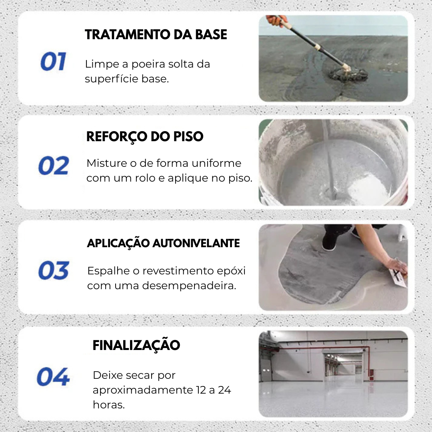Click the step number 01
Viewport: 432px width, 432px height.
coord(53,62)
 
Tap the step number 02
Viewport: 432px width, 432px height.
coord(54,166)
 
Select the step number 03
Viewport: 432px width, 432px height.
coord(54,271)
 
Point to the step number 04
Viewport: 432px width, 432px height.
coord(53,377)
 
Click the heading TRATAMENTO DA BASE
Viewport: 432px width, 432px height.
coord(156,35)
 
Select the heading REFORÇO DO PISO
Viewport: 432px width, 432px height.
coord(145,137)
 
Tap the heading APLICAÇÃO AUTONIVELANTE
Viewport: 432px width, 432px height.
coord(163,243)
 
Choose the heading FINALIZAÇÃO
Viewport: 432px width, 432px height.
coord(136,345)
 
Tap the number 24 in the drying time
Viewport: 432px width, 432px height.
coord(224,390)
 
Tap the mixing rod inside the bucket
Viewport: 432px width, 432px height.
coord(330,160)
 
